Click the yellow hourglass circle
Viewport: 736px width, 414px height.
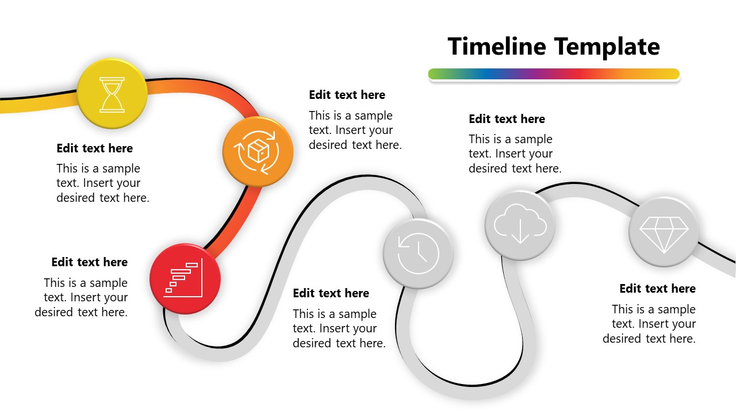pyautogui.click(x=112, y=94)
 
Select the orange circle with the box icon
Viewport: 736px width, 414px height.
pyautogui.click(x=258, y=152)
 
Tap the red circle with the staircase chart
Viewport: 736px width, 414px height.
pyautogui.click(x=185, y=279)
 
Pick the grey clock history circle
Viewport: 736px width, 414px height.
pyautogui.click(x=418, y=253)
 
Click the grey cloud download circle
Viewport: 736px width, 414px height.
pyautogui.click(x=520, y=225)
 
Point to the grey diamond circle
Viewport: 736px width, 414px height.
pyautogui.click(x=664, y=232)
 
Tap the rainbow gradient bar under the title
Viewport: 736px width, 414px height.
pyautogui.click(x=554, y=74)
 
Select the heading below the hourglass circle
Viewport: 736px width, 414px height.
pyautogui.click(x=95, y=148)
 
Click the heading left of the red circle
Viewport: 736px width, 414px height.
pyautogui.click(x=90, y=262)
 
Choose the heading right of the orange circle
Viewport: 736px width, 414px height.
pyautogui.click(x=347, y=95)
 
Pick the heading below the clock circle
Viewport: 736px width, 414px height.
pyautogui.click(x=331, y=293)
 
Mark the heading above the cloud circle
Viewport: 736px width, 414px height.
pyautogui.click(x=507, y=119)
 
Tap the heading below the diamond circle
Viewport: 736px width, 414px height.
pyautogui.click(x=658, y=289)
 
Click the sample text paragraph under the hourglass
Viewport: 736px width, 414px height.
pyautogui.click(x=102, y=183)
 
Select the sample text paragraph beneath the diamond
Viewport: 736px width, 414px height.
pyautogui.click(x=650, y=324)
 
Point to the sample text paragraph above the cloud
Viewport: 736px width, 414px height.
pyautogui.click(x=515, y=154)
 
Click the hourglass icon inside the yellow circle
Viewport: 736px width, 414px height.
pyautogui.click(x=112, y=95)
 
